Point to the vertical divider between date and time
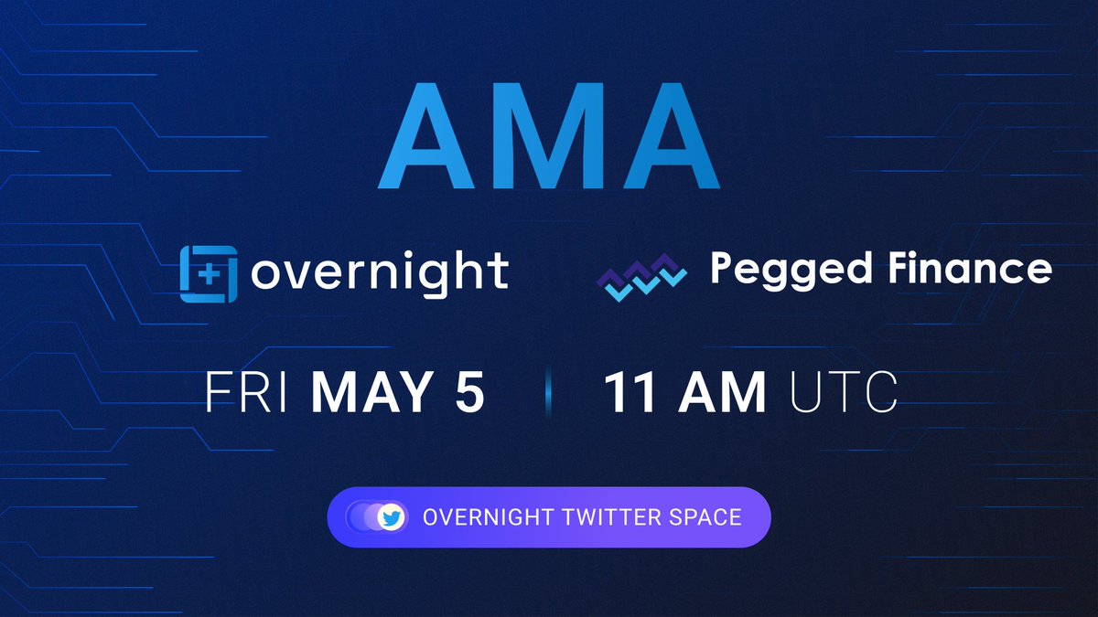(x=548, y=393)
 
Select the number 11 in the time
(x=630, y=392)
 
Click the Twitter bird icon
(x=392, y=517)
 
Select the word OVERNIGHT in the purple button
(x=487, y=517)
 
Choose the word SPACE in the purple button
(x=709, y=517)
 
